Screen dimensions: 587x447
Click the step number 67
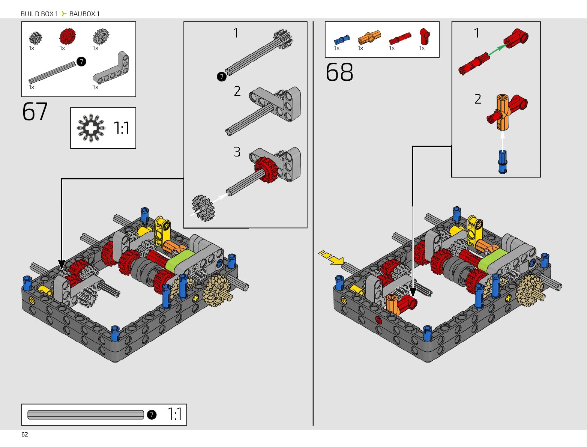(x=35, y=111)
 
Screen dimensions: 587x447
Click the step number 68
(x=339, y=72)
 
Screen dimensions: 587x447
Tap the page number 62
(x=25, y=435)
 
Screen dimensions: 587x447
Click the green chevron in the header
(x=64, y=14)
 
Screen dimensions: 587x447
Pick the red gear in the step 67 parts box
(x=68, y=36)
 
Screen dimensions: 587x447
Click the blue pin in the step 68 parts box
(x=341, y=40)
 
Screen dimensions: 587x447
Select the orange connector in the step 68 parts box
(x=369, y=38)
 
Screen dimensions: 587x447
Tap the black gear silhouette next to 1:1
(x=91, y=128)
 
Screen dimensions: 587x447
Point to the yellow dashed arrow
(x=330, y=257)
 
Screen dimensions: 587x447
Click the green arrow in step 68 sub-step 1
(x=497, y=50)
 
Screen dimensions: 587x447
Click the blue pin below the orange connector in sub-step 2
(x=503, y=162)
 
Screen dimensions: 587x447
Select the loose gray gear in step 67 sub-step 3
(x=203, y=208)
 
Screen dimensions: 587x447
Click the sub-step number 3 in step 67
(x=237, y=152)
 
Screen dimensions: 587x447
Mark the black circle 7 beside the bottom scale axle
(x=152, y=415)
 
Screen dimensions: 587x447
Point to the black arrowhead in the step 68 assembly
(x=413, y=292)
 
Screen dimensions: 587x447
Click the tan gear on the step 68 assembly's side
(x=530, y=290)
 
